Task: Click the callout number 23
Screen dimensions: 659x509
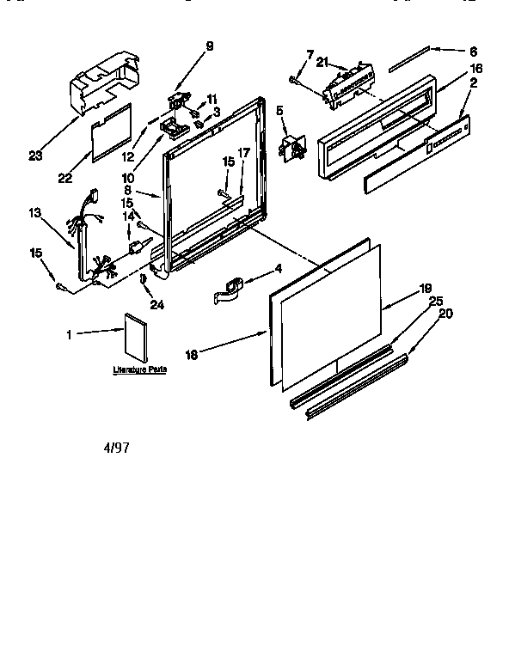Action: tap(35, 156)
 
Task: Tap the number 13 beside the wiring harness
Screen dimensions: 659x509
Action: tap(34, 213)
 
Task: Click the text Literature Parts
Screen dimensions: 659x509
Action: tap(139, 369)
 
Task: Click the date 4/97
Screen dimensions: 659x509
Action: tap(118, 448)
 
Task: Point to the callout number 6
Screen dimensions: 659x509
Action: tap(473, 52)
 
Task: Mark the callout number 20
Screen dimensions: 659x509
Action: tap(445, 314)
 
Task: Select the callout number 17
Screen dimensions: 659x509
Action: tap(243, 154)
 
